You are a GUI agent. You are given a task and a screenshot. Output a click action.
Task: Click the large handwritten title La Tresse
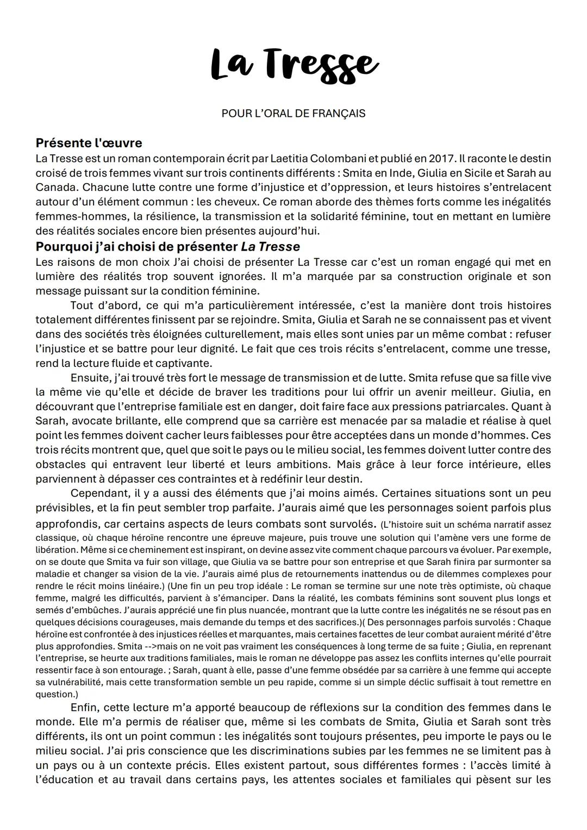pyautogui.click(x=293, y=66)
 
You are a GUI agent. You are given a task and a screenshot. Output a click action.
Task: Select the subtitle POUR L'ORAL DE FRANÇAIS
pyautogui.click(x=293, y=114)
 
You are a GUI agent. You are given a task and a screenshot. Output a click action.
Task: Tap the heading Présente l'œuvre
pyautogui.click(x=89, y=143)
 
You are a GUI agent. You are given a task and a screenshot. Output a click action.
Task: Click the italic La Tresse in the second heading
pyautogui.click(x=270, y=246)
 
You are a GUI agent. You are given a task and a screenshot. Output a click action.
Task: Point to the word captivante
pyautogui.click(x=186, y=363)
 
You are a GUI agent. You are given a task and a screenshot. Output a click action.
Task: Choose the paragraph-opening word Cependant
pyautogui.click(x=97, y=493)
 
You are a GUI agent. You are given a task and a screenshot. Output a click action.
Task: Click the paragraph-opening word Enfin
pyautogui.click(x=84, y=708)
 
